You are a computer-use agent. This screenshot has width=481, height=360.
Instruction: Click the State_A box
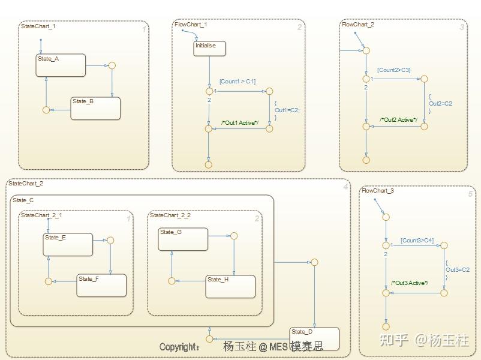[61, 65]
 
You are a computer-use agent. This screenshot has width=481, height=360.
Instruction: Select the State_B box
[95, 108]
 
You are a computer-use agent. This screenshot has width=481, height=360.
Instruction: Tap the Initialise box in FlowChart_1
[209, 48]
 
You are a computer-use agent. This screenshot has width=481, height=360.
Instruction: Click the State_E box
[68, 244]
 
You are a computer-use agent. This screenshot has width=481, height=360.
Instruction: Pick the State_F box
[101, 285]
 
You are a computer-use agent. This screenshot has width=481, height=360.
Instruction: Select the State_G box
[183, 239]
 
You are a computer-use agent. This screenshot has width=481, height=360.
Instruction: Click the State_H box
[230, 286]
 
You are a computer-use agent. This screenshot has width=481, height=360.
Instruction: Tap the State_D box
[314, 338]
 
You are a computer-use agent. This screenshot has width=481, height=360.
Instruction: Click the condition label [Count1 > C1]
[237, 82]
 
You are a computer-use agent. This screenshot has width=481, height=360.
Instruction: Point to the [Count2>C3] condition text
[393, 70]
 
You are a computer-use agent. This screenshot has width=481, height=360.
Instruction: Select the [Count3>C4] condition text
[417, 241]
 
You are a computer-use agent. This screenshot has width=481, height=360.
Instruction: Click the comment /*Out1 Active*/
[239, 123]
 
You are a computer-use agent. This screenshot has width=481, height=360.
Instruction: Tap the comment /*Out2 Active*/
[398, 120]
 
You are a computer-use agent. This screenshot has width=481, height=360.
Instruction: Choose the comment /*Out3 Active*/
[410, 283]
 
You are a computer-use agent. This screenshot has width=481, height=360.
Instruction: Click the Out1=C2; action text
[287, 110]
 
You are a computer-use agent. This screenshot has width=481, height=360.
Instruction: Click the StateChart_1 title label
[38, 26]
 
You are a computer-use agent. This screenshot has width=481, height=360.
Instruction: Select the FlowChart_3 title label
[377, 191]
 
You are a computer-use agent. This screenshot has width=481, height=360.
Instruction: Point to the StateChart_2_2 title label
[170, 215]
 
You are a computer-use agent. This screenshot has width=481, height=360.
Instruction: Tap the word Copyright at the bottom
[179, 347]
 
